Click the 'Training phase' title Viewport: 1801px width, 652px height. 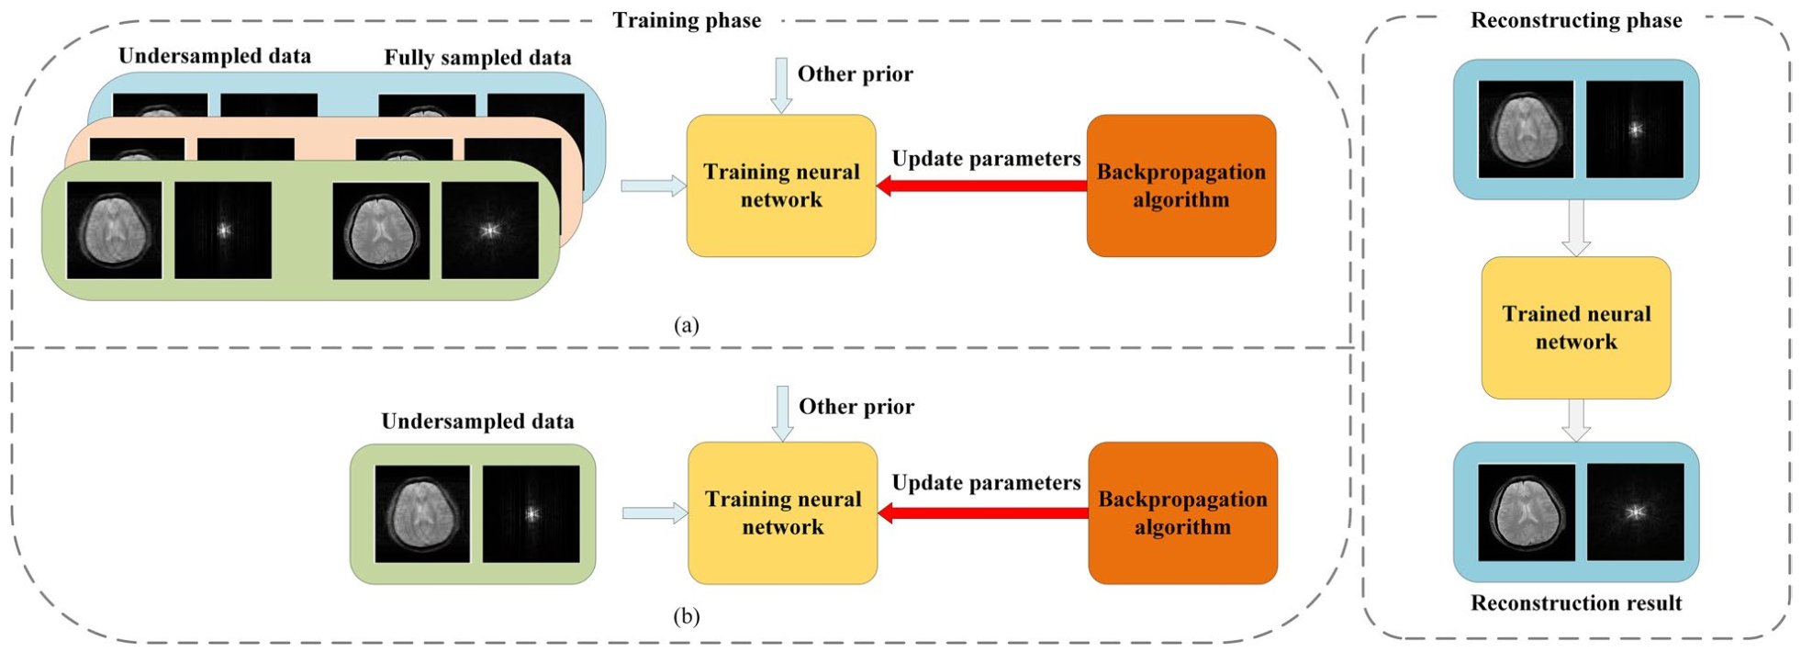[x=687, y=20]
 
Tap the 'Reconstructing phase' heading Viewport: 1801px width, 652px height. [x=1576, y=20]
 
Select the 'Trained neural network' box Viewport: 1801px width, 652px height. [x=1576, y=328]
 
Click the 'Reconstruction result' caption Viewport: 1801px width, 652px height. [x=1576, y=602]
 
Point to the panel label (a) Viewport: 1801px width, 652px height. [x=686, y=324]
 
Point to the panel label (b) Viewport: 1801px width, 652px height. [x=686, y=615]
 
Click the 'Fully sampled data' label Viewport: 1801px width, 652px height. [x=477, y=58]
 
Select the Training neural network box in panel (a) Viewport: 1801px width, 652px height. [x=781, y=185]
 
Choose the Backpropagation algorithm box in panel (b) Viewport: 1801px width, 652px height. [x=1182, y=513]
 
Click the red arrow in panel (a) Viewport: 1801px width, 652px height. [x=981, y=186]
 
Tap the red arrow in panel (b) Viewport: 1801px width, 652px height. [x=983, y=513]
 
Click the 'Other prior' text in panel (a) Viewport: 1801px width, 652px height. [x=855, y=74]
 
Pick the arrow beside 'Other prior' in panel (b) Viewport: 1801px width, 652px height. [x=782, y=413]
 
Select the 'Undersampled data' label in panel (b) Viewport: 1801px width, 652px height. [x=477, y=422]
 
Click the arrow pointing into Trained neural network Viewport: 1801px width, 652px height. [x=1576, y=228]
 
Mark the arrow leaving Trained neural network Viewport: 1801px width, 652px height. [x=1576, y=421]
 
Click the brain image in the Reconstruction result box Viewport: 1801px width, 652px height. [x=1527, y=512]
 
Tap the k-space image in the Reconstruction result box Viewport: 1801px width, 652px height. [x=1635, y=512]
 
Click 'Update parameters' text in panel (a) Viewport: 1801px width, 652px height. [x=986, y=159]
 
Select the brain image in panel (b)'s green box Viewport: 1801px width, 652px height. [x=422, y=514]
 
